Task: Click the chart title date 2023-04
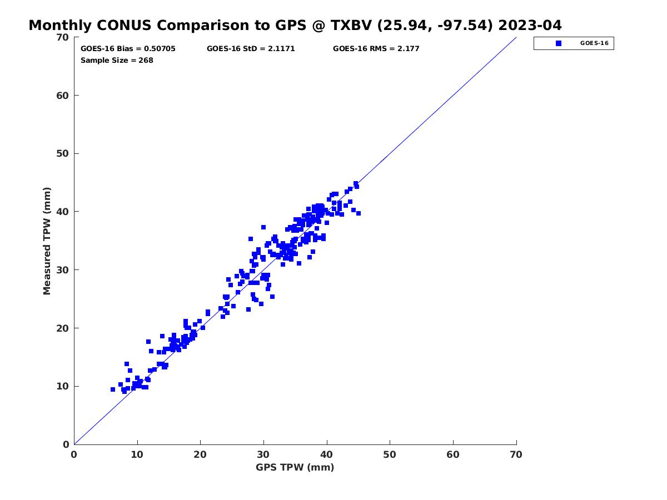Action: [x=530, y=25]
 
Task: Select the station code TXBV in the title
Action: [x=351, y=25]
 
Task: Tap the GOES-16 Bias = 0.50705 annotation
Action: [x=128, y=48]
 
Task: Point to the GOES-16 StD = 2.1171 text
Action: [x=251, y=48]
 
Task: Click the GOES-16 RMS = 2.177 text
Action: [x=376, y=48]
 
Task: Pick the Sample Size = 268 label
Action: [x=117, y=61]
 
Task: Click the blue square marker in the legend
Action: [x=559, y=43]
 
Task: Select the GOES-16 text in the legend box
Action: [x=594, y=43]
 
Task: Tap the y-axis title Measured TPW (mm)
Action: [x=47, y=241]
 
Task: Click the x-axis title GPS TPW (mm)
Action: [x=295, y=467]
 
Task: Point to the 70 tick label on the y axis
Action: [x=63, y=37]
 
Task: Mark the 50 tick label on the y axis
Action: [x=63, y=154]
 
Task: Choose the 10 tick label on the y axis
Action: [x=63, y=386]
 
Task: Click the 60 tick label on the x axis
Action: [x=453, y=454]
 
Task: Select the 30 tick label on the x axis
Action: [x=263, y=454]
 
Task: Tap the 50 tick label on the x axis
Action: [x=390, y=454]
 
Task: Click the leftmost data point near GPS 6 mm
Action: [x=113, y=389]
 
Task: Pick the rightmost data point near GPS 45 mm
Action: [x=359, y=213]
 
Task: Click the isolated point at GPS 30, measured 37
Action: [x=263, y=227]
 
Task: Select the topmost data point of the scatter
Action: [x=356, y=183]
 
